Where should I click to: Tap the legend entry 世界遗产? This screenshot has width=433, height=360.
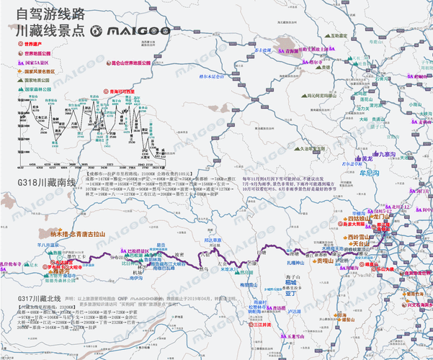tap(30, 44)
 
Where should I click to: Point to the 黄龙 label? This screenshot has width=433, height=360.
tap(367, 158)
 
